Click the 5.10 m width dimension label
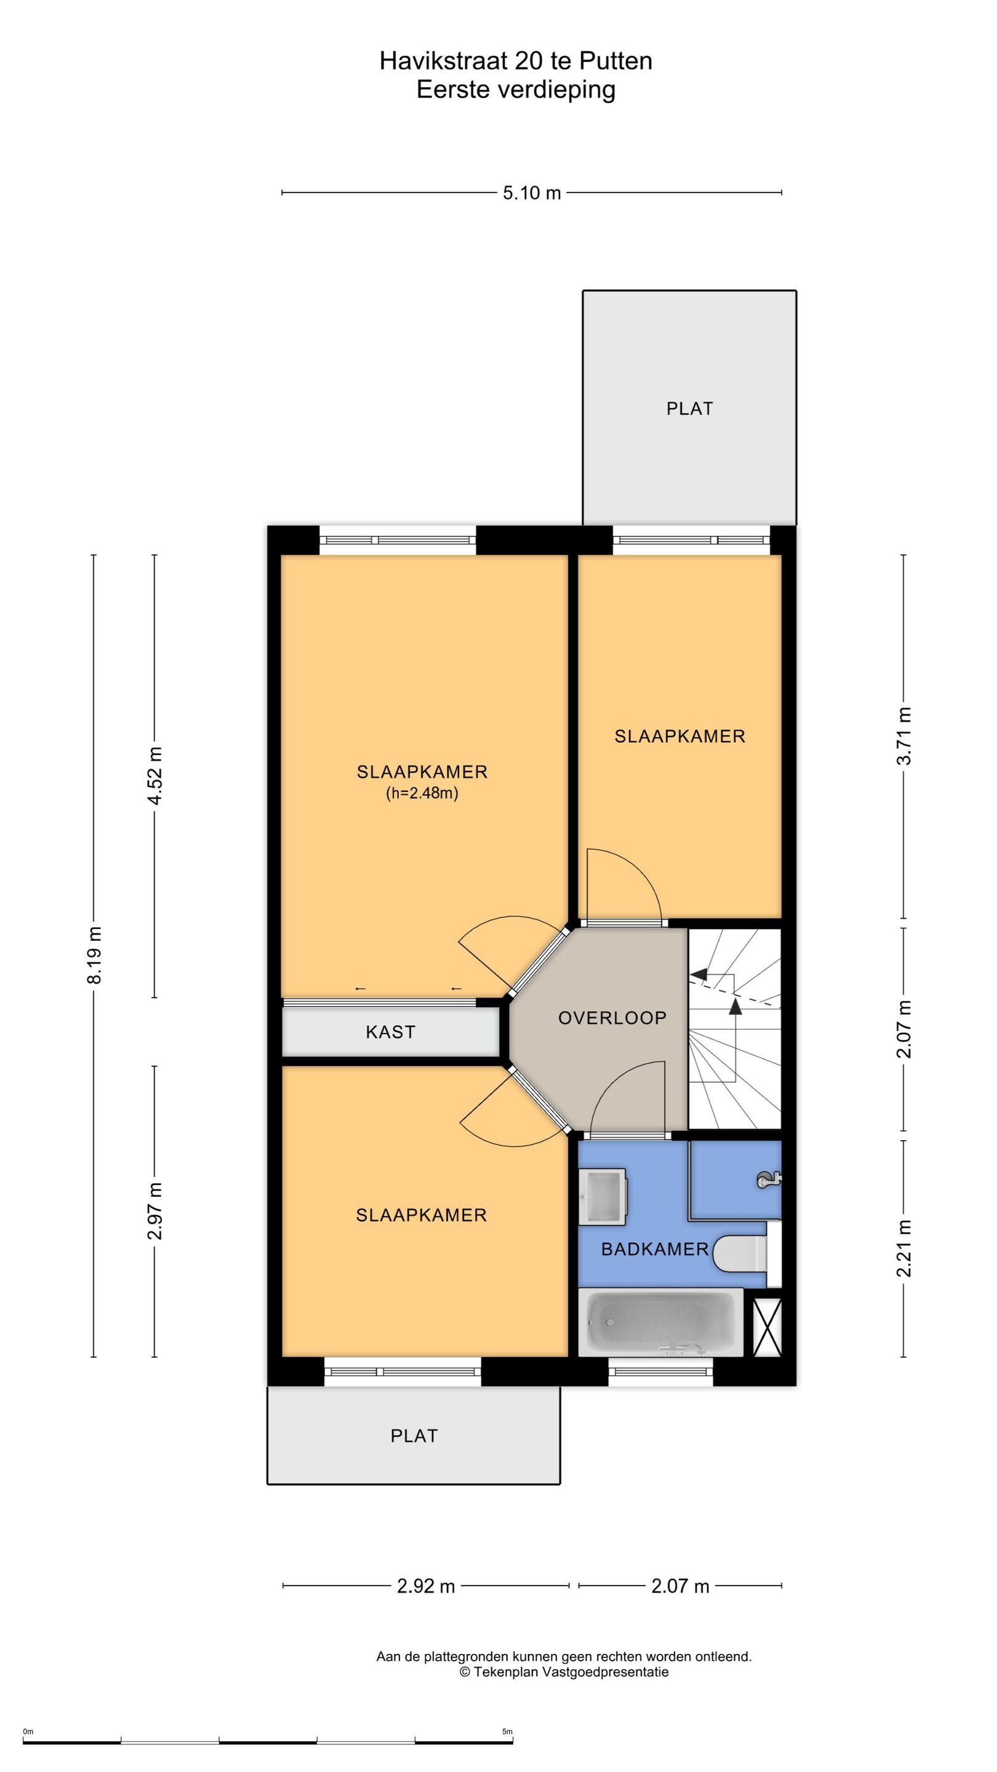[x=531, y=193]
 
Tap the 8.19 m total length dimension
[x=94, y=955]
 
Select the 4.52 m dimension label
[x=155, y=775]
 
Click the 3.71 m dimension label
[x=904, y=735]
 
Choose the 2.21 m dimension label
[x=904, y=1248]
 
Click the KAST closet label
[x=391, y=1032]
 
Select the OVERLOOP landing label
[x=612, y=1018]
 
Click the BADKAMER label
[x=655, y=1249]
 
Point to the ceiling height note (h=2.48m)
[x=422, y=793]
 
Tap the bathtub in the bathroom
[x=660, y=1322]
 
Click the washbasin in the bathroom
[x=602, y=1196]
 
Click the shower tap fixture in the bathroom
[x=769, y=1181]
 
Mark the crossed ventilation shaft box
[x=768, y=1327]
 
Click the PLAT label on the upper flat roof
[x=689, y=409]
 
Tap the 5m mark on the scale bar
[x=507, y=1731]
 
